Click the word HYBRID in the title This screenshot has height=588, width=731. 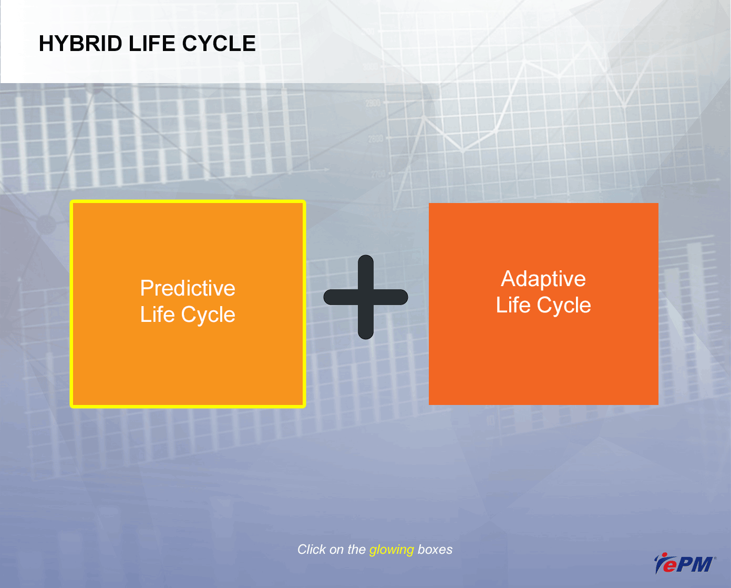[80, 44]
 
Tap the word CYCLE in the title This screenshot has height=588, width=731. [219, 44]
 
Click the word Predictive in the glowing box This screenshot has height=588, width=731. [188, 288]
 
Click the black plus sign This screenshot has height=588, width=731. [366, 297]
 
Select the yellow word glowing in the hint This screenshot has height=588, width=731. [392, 550]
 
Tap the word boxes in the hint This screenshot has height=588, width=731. [435, 549]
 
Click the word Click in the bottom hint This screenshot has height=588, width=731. [312, 549]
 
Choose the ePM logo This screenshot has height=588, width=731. [684, 563]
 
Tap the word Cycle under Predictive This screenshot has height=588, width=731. [208, 315]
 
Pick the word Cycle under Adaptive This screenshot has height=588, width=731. [564, 306]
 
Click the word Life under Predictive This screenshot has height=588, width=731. [157, 314]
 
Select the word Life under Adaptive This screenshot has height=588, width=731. [513, 305]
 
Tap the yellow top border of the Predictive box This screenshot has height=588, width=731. [188, 201]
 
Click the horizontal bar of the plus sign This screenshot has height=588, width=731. [366, 297]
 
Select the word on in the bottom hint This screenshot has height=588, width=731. [337, 550]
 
